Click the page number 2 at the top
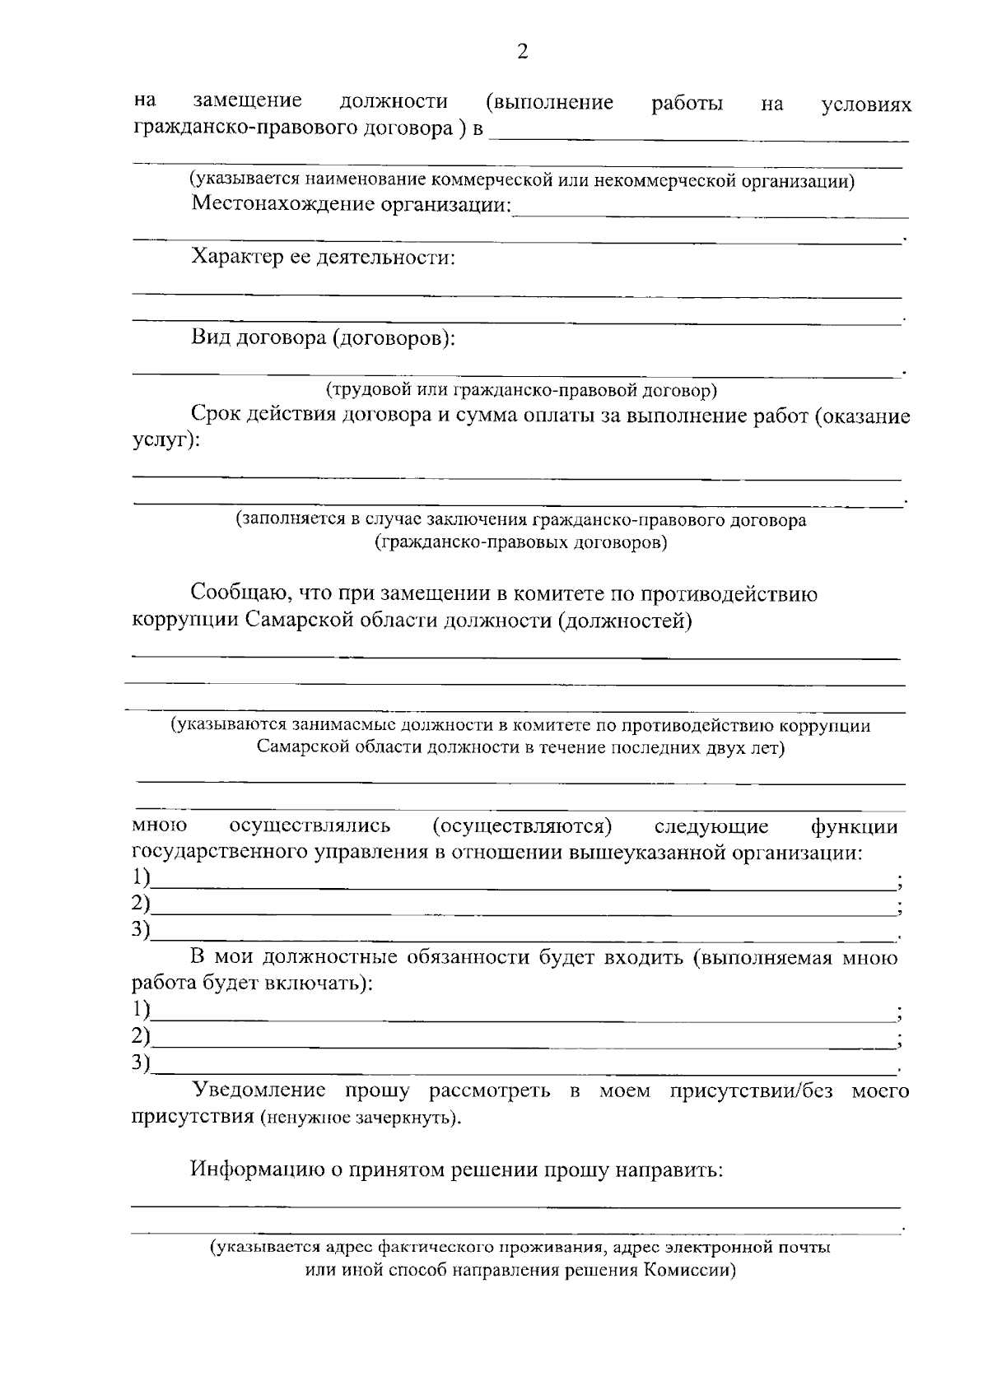521,53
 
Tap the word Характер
235,258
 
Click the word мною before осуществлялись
159,825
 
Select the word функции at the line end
854,826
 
